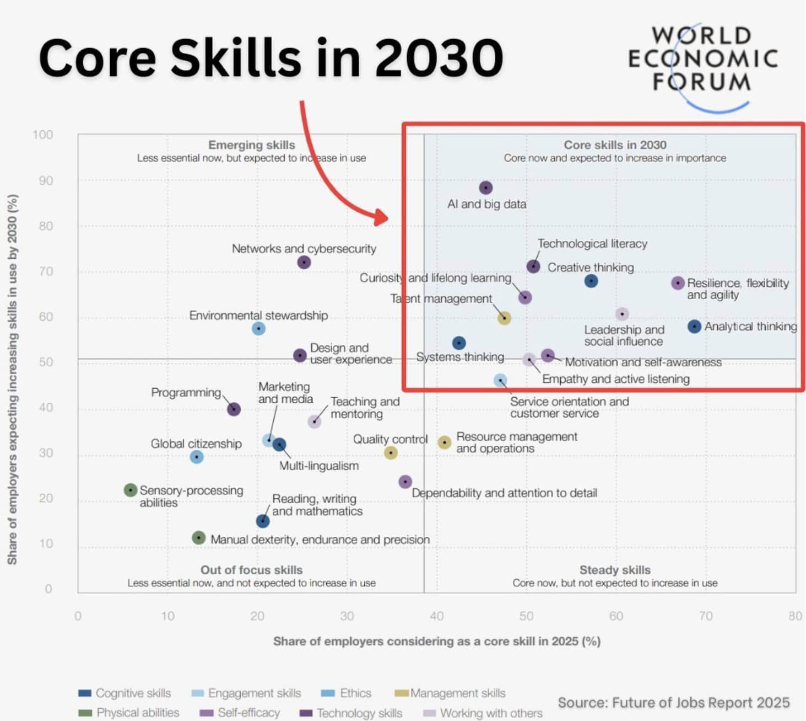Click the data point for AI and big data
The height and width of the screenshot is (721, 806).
[x=485, y=188]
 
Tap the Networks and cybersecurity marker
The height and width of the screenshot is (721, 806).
[x=304, y=262]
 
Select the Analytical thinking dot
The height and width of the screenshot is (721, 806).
[x=694, y=327]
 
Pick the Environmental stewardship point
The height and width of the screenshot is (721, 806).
[x=258, y=329]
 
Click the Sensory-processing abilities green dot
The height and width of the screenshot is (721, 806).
[x=131, y=490]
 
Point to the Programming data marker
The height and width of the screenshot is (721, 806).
[x=234, y=409]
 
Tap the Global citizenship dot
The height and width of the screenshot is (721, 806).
[x=197, y=457]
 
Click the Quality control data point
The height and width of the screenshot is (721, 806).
[x=391, y=453]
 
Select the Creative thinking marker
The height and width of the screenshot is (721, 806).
[x=591, y=281]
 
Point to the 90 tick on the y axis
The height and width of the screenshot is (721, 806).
[x=46, y=181]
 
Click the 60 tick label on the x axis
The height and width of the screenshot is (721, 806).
[x=616, y=616]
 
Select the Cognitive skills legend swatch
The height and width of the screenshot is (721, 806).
[x=85, y=693]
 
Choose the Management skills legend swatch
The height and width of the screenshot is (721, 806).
[x=402, y=693]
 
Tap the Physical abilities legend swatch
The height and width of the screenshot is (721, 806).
[x=85, y=713]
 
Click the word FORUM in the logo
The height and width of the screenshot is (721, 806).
[x=701, y=82]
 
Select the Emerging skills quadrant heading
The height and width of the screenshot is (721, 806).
[x=251, y=145]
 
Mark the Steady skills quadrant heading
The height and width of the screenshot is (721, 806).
[x=615, y=570]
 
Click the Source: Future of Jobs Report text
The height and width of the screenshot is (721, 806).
[x=673, y=702]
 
